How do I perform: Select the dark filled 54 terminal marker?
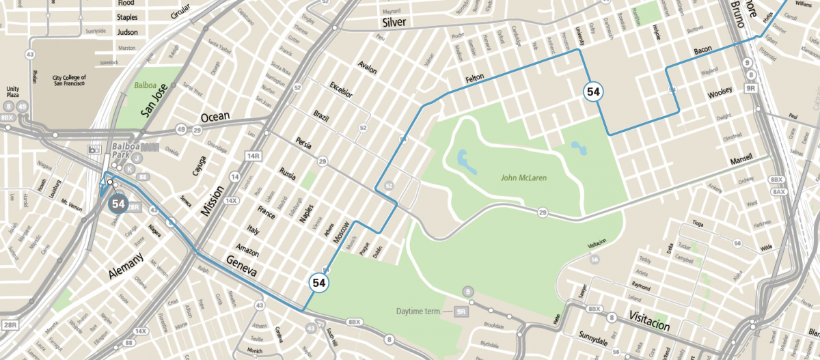[118, 203]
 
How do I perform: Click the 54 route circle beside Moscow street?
[318, 282]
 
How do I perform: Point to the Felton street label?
[474, 79]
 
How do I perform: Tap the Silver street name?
[394, 23]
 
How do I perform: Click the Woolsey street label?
[720, 92]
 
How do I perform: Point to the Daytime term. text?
[420, 311]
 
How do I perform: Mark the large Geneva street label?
[239, 266]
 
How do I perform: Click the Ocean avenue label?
[215, 116]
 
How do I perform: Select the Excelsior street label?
[340, 89]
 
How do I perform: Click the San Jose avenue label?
[152, 103]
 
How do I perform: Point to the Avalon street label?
[367, 68]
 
